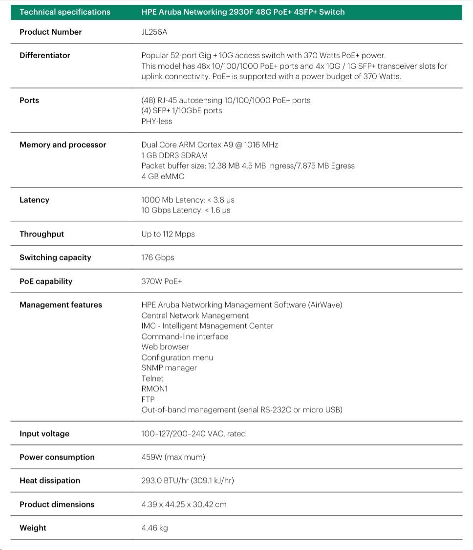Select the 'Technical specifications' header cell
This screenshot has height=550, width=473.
65,12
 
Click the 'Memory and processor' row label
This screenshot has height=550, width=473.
63,145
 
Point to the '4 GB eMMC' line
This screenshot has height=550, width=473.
163,176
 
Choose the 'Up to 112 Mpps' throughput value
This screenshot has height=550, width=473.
168,234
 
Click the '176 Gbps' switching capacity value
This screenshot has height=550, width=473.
158,257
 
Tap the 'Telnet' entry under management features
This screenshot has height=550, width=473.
152,378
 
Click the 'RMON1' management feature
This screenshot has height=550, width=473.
154,389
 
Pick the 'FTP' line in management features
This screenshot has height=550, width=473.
148,399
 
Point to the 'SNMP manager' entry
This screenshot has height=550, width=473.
169,368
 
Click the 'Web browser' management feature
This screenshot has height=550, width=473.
165,347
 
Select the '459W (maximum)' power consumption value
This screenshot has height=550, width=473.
173,457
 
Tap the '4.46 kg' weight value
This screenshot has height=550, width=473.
154,528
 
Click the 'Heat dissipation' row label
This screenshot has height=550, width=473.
50,481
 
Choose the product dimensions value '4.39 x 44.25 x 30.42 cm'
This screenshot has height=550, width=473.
184,504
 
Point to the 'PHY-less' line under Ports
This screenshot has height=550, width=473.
157,121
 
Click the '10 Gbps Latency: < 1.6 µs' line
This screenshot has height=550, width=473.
186,210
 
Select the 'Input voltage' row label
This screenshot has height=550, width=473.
44,434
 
